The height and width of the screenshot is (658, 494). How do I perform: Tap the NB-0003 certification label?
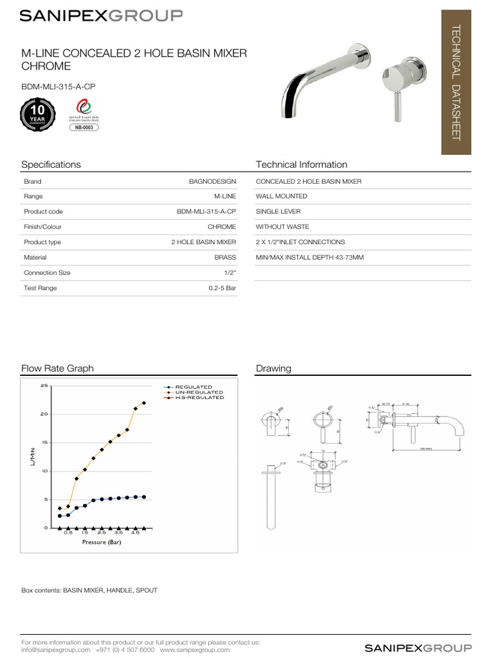[x=83, y=128]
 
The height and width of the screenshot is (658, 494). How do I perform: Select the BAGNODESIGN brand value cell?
[x=212, y=182]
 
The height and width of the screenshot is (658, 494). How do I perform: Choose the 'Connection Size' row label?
[x=47, y=272]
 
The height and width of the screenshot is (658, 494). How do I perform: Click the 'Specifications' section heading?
[x=51, y=164]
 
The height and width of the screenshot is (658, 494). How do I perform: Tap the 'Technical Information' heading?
[x=301, y=164]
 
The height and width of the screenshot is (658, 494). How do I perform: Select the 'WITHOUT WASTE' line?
[x=282, y=227]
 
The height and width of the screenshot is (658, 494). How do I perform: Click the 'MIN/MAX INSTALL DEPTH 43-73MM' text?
[x=309, y=257]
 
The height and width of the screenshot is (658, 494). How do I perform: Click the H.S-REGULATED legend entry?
[x=199, y=397]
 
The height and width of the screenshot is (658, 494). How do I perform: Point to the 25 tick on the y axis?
[x=44, y=386]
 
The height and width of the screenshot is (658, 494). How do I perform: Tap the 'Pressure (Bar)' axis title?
[x=102, y=542]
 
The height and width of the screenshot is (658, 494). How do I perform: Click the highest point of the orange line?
[x=143, y=403]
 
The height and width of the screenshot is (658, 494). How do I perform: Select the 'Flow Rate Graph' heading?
[x=57, y=368]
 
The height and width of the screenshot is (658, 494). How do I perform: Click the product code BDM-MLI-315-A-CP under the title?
[x=54, y=86]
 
